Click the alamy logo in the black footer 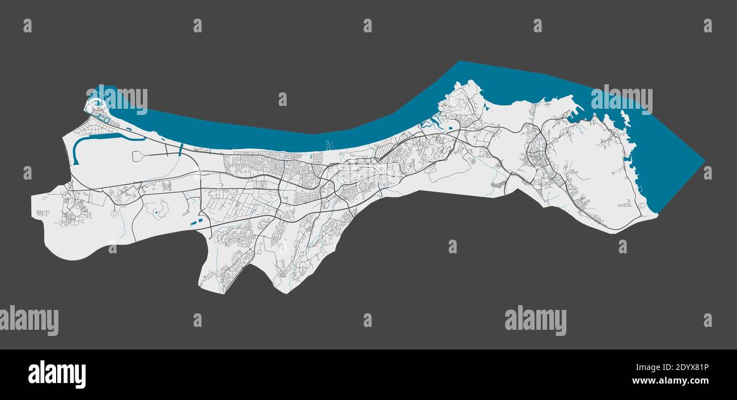57,375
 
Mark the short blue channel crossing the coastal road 180,150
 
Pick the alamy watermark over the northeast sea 621,100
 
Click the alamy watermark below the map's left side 29,320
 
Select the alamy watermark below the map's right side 535,320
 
